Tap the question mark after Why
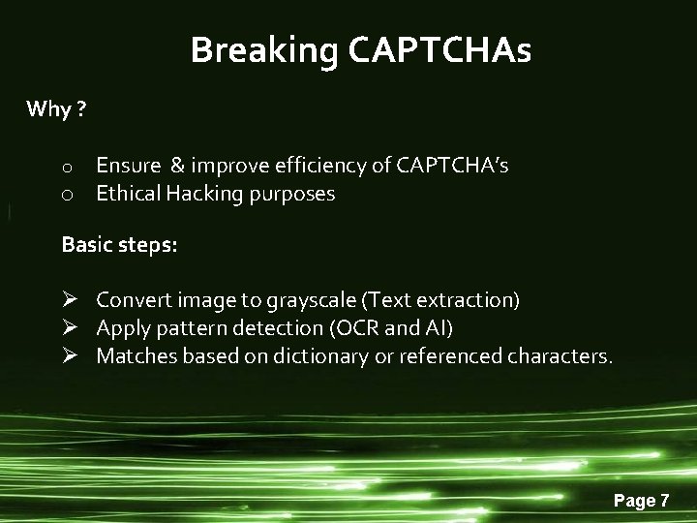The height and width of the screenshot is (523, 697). click(80, 108)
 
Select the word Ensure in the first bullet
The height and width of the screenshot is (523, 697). click(128, 166)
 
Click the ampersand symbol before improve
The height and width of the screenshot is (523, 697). click(176, 166)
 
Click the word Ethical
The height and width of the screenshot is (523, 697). click(128, 194)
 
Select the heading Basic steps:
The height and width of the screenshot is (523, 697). click(119, 245)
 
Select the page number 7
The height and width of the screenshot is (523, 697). click(664, 501)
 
